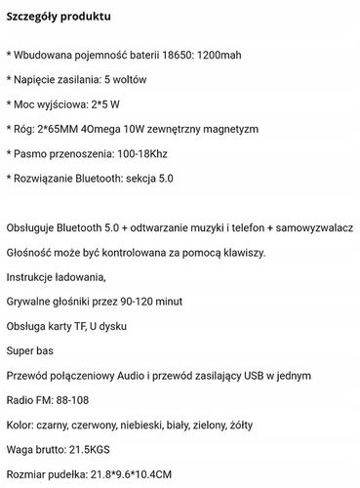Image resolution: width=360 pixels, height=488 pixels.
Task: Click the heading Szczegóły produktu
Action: pyautogui.click(x=59, y=18)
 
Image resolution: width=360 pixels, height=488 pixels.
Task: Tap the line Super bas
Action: pyautogui.click(x=29, y=350)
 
